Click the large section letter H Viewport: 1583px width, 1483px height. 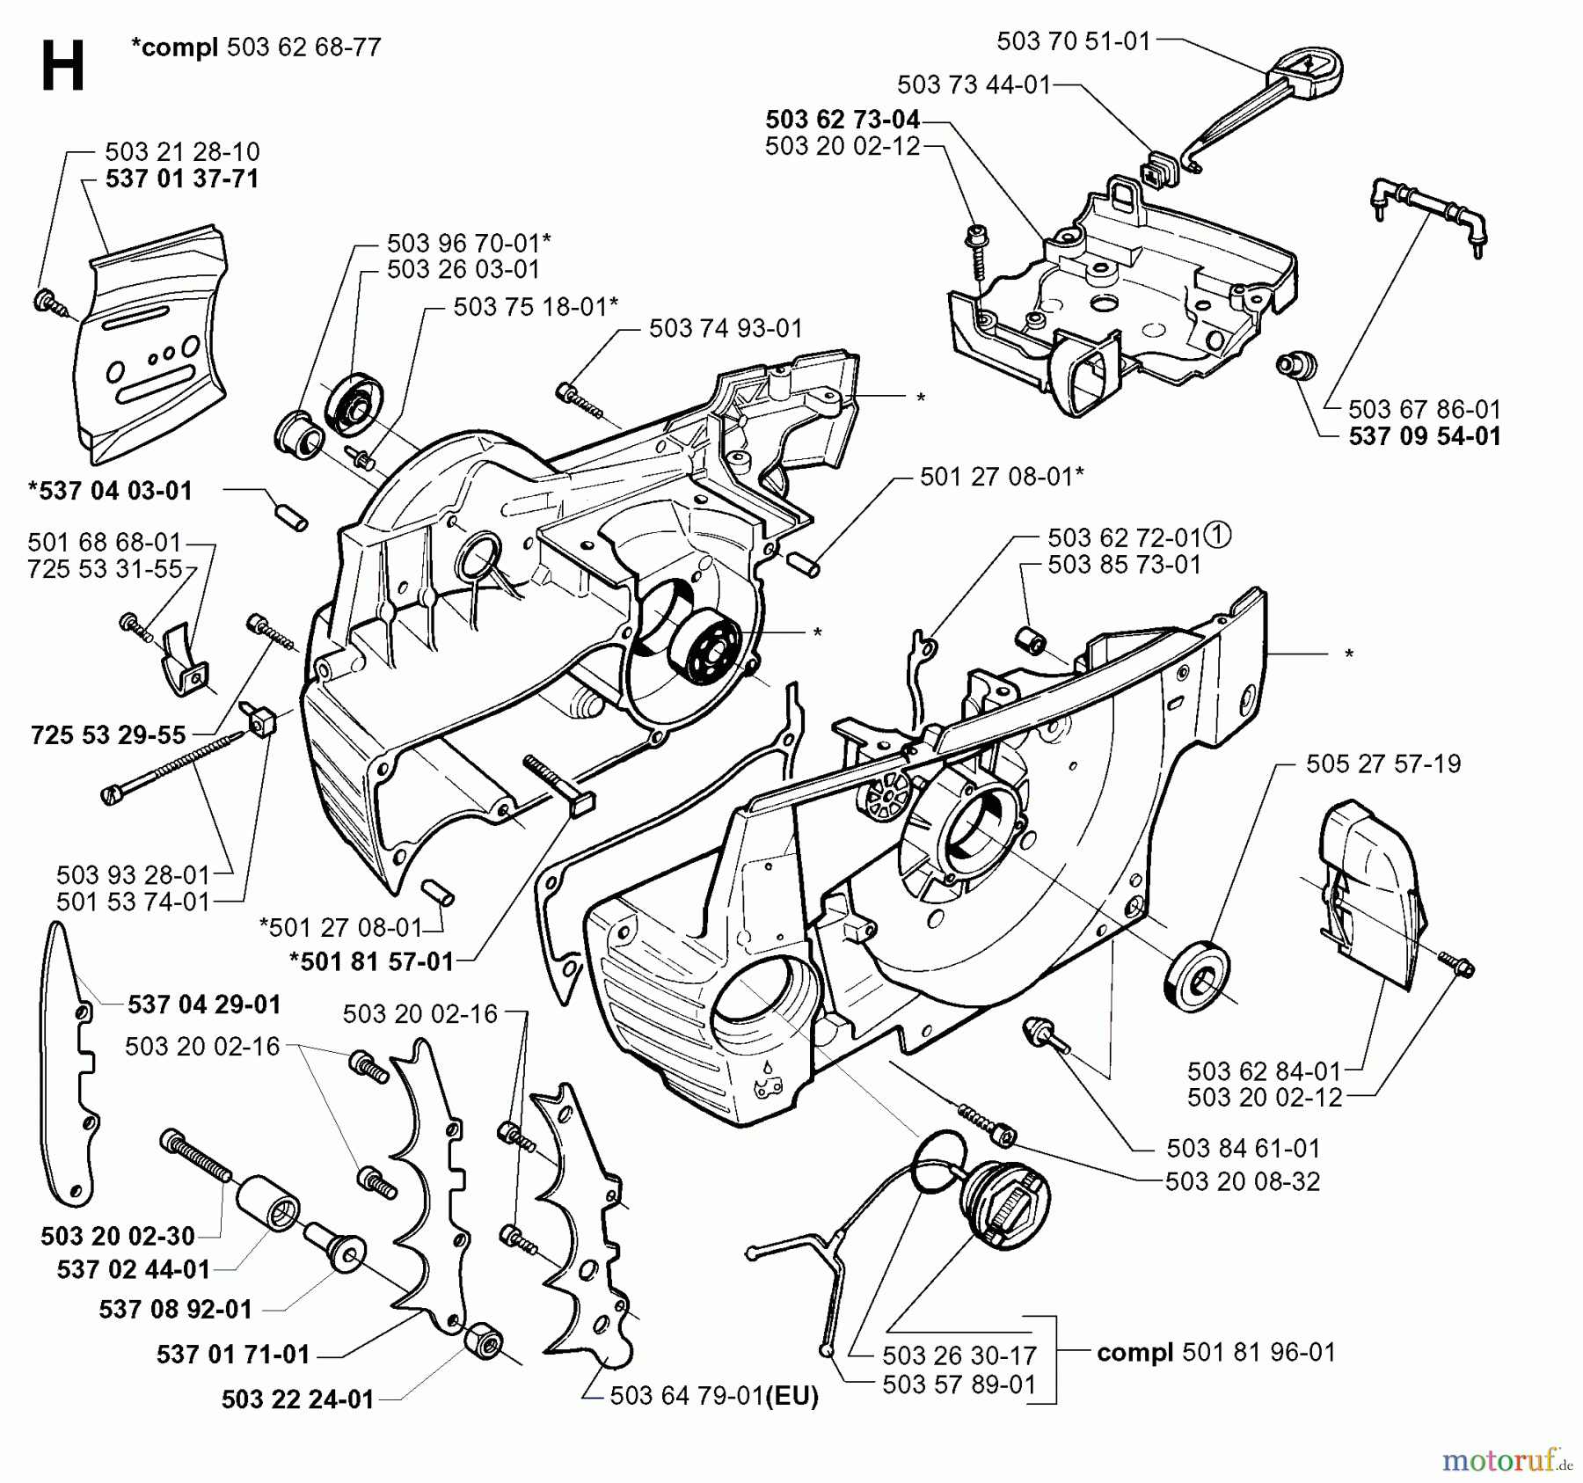pyautogui.click(x=62, y=67)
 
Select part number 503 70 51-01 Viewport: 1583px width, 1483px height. pyautogui.click(x=1073, y=41)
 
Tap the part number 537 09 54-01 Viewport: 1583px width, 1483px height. pyautogui.click(x=1424, y=436)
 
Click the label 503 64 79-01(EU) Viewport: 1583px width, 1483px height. pyautogui.click(x=713, y=1396)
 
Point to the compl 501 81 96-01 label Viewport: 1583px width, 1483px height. pyautogui.click(x=1215, y=1352)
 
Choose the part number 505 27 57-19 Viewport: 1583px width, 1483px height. pyautogui.click(x=1382, y=763)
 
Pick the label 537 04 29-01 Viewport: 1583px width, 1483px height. pyautogui.click(x=204, y=1004)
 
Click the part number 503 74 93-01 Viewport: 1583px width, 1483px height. pyautogui.click(x=726, y=329)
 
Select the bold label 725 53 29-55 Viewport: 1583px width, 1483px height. pyautogui.click(x=108, y=735)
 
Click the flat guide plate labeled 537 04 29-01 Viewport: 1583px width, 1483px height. pyautogui.click(x=69, y=1064)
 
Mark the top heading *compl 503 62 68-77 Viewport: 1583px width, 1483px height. pyautogui.click(x=255, y=47)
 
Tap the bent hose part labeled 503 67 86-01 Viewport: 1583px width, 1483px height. pyautogui.click(x=1430, y=216)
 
